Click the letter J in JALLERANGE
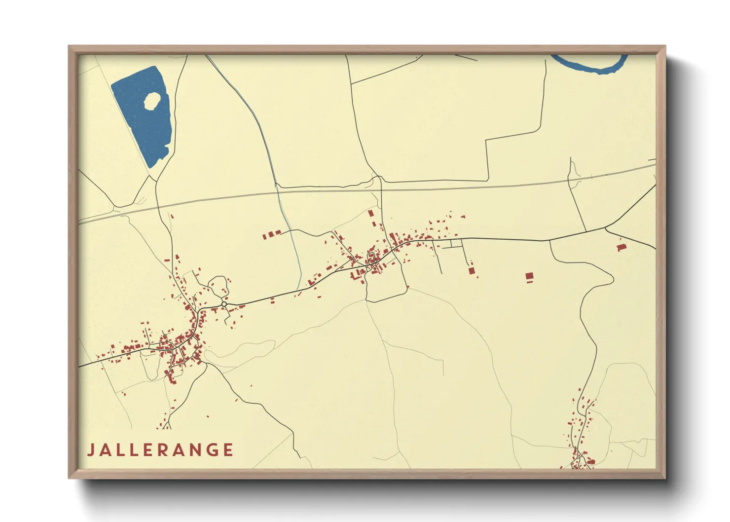pos(91,450)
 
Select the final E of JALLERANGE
pos(228,450)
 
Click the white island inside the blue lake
pos(152,101)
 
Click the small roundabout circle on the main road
pos(224,304)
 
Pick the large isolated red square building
pos(529,276)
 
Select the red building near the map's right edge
pos(621,246)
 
